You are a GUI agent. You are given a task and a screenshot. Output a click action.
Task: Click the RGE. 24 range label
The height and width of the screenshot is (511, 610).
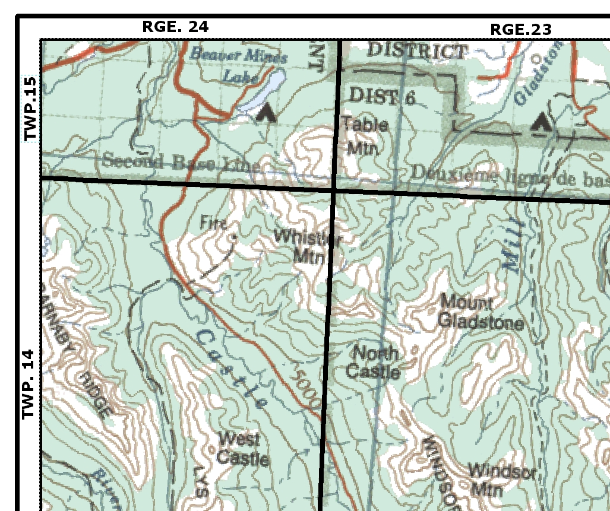point(175,27)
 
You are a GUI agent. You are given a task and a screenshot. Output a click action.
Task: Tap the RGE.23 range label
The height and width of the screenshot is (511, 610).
point(520,29)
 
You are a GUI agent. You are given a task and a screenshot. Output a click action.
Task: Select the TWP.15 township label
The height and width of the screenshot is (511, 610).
point(30,109)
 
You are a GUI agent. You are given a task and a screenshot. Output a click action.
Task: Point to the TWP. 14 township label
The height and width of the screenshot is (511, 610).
point(29,384)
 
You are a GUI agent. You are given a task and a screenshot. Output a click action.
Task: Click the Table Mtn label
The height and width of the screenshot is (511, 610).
point(364,136)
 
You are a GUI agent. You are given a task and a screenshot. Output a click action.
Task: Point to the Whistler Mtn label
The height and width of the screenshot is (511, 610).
point(308,246)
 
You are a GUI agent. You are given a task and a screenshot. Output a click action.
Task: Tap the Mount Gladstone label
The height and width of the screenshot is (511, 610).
point(480,313)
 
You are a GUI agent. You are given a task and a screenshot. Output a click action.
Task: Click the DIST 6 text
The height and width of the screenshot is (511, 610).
point(381,96)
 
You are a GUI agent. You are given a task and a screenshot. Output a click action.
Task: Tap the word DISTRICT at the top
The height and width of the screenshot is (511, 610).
point(416,51)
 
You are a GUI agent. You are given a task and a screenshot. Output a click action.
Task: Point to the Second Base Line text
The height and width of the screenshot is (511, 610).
point(181,162)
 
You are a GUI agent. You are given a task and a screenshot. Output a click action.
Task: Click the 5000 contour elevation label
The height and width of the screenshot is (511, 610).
point(307,389)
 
